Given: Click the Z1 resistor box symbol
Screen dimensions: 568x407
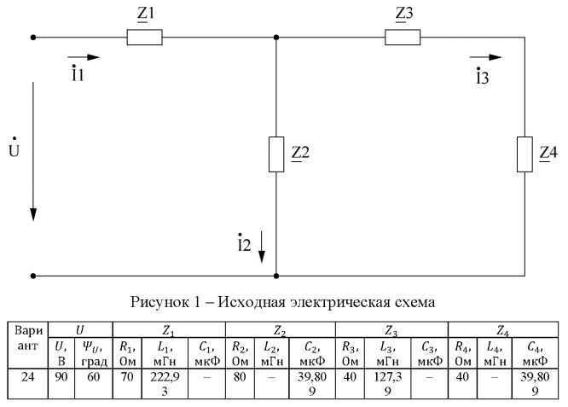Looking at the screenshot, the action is click(x=144, y=38).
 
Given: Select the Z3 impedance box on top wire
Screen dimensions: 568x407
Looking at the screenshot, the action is click(x=402, y=38).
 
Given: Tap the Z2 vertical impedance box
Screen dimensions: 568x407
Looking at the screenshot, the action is click(x=276, y=154).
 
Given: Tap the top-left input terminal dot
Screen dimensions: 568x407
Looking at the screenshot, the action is click(x=33, y=38).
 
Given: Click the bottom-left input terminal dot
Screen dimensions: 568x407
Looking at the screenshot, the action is click(x=33, y=276).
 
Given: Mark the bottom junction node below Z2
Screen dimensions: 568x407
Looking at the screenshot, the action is click(x=276, y=276).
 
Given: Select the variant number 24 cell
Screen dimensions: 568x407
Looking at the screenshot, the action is click(x=28, y=376).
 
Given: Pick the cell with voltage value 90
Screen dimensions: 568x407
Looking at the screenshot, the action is click(x=61, y=376).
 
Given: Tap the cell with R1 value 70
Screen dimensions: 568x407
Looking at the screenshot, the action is click(x=125, y=376).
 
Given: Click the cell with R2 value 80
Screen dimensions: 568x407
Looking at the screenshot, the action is click(x=238, y=376).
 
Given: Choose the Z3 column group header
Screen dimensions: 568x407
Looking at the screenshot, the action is click(x=391, y=329).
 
